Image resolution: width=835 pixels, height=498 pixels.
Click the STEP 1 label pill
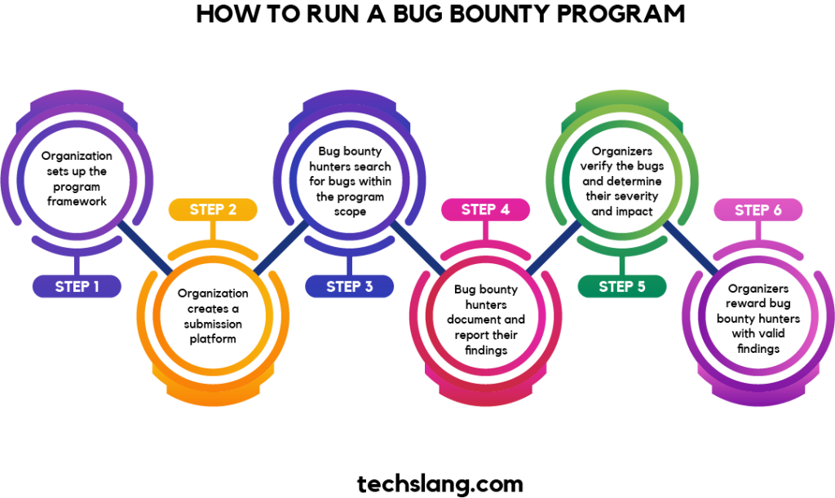(77, 286)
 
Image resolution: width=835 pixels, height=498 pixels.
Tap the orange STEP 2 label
(213, 209)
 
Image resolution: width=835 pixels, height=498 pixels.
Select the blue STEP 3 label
(349, 286)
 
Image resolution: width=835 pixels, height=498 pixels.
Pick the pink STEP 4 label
(486, 209)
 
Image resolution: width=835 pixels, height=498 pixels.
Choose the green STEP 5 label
(622, 286)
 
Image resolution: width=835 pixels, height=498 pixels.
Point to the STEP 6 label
(758, 209)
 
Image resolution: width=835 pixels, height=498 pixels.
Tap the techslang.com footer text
(440, 483)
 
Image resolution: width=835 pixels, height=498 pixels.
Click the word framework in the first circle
(77, 201)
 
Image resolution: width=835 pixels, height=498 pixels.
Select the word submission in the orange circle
(213, 324)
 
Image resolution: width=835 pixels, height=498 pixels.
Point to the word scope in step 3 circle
(350, 212)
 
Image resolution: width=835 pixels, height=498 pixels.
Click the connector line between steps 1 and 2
(145, 248)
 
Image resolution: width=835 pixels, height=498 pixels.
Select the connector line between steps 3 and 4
(418, 248)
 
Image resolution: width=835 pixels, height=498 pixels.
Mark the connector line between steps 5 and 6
(691, 248)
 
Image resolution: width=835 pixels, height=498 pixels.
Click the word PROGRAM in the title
(621, 14)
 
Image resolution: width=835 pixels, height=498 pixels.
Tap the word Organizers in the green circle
(622, 151)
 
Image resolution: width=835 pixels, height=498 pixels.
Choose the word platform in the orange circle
(213, 339)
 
